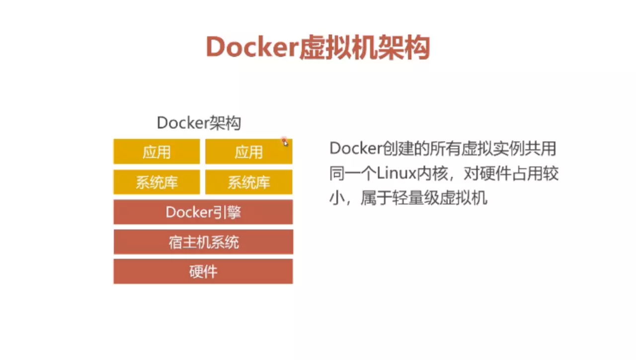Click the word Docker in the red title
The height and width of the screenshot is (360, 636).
252,47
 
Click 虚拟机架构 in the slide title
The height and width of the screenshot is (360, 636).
364,47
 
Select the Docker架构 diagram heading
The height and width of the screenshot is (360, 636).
199,123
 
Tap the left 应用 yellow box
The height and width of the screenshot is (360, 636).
157,152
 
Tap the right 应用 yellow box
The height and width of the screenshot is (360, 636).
249,152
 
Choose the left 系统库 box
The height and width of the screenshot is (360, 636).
157,182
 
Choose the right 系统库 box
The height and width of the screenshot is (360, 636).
249,182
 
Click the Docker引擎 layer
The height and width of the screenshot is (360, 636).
203,212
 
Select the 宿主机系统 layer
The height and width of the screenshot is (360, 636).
203,242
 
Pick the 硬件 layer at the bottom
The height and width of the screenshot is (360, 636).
203,271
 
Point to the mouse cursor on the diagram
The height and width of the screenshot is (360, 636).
285,143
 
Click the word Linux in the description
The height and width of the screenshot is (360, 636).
397,174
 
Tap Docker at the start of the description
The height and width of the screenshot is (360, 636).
355,148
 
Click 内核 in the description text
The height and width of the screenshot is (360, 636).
432,174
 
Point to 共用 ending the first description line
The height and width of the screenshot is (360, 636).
541,149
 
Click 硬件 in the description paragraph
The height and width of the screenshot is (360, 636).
495,174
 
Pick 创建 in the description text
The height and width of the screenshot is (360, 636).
397,149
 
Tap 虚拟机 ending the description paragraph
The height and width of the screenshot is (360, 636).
464,198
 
